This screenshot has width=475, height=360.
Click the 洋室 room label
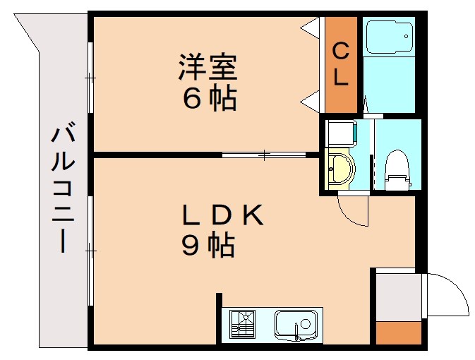[x=208, y=69]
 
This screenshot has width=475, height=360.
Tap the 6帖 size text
[x=208, y=99]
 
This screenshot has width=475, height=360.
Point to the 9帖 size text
[x=208, y=245]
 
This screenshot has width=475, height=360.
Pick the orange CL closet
[x=341, y=64]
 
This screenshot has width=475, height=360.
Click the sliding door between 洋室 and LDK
[x=263, y=154]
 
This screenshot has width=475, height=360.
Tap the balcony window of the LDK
[x=90, y=251]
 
